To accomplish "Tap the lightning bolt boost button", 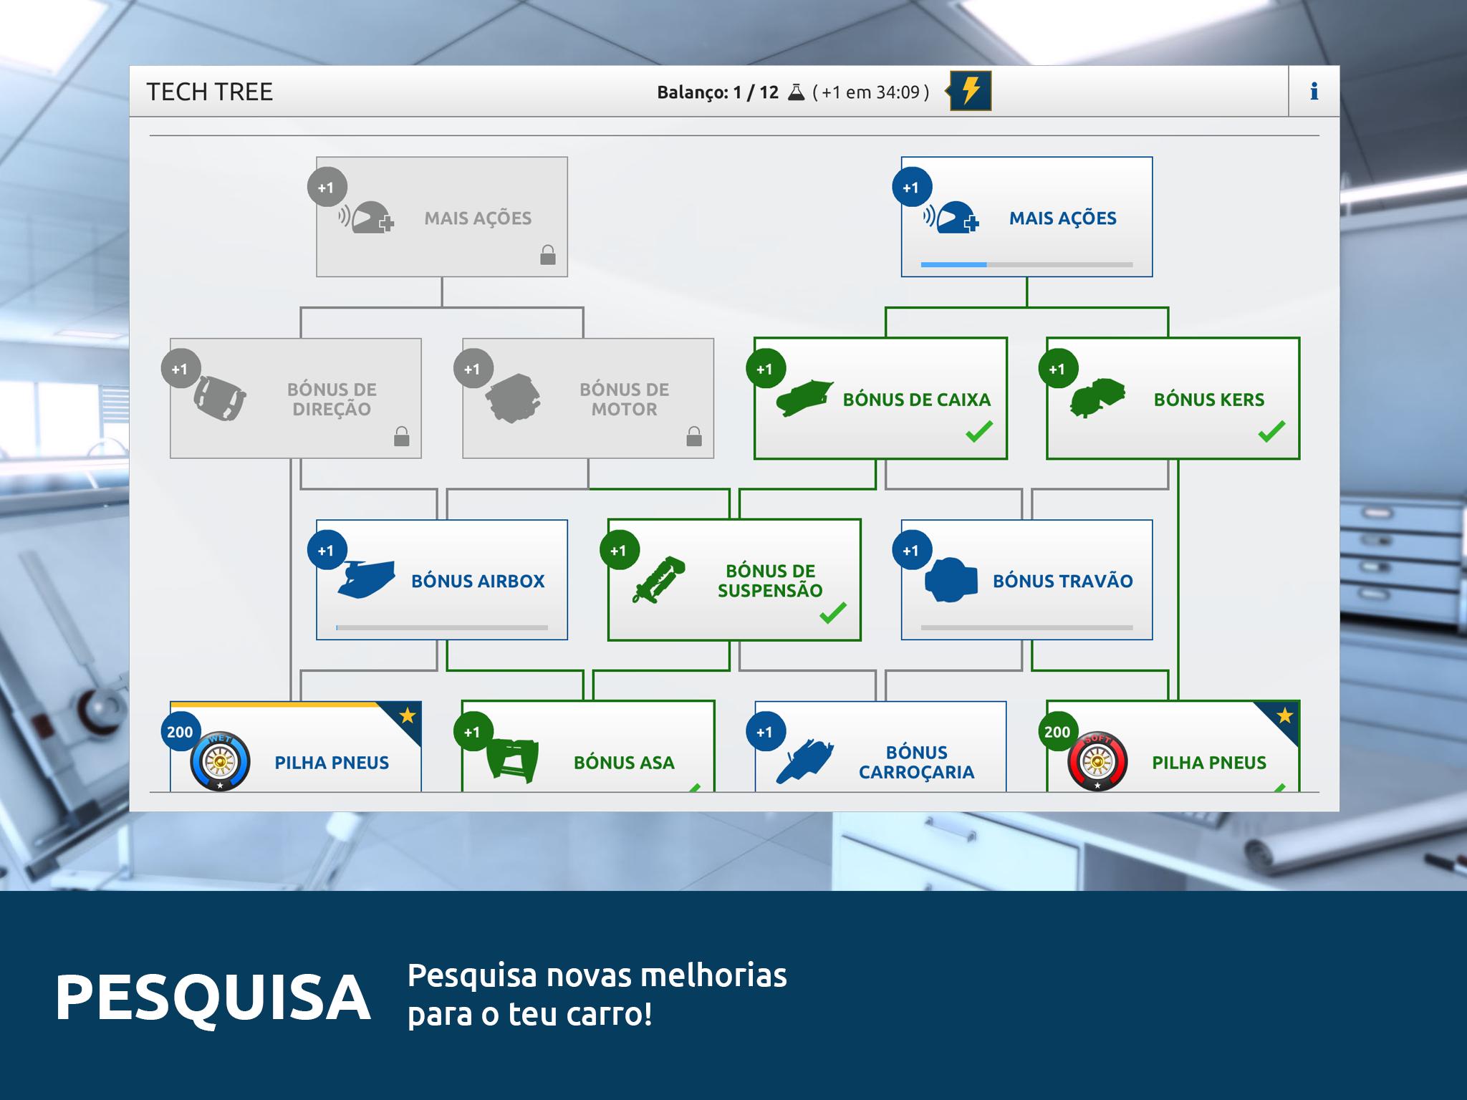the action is (970, 91).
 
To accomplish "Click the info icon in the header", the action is (1314, 91).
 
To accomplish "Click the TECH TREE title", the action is (209, 92).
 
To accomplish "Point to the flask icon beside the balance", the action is (796, 92).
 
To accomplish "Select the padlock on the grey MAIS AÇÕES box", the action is (548, 255).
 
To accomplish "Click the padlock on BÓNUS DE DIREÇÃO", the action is (402, 436).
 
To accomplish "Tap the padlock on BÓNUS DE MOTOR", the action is (694, 436).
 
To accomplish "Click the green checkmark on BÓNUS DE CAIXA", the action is (979, 431).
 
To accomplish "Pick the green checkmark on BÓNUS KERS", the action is (1271, 431).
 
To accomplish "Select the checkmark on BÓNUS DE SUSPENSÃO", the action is (833, 613).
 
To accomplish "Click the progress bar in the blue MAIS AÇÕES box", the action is (1026, 265).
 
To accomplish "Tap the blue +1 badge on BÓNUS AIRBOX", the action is (326, 551).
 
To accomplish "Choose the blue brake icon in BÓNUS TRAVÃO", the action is (951, 580).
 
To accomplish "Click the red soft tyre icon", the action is (1097, 762).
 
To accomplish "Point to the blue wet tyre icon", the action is (220, 762).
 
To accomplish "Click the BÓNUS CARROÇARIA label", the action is (916, 762).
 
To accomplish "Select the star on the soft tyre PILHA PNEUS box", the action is (1284, 715).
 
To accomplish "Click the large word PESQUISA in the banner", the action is (213, 998).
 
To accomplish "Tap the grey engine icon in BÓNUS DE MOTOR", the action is (513, 398).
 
